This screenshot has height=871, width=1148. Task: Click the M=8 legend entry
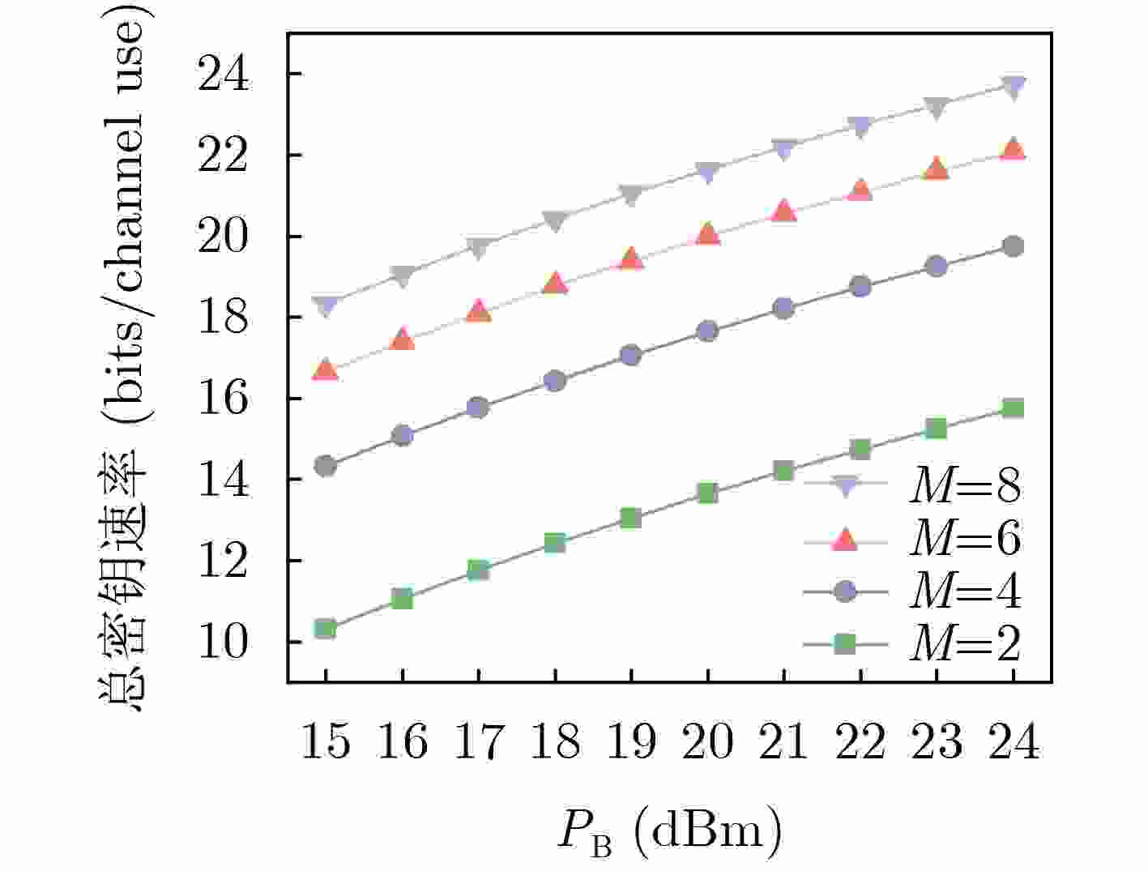coord(964,486)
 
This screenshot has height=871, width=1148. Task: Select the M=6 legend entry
coord(964,539)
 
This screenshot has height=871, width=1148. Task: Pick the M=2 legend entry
coord(964,644)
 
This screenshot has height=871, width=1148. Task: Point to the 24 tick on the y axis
coord(222,75)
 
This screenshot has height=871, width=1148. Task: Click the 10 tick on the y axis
coord(222,643)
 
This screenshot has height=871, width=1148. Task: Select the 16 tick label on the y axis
coord(222,399)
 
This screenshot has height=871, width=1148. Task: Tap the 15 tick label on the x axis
coord(326,741)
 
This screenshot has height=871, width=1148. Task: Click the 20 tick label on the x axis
coord(707,741)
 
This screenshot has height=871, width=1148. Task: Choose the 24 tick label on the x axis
coord(1013,741)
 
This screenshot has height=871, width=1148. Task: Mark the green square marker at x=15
coord(326,629)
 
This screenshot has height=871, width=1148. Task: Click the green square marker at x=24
coord(1013,408)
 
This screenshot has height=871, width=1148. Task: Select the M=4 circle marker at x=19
coord(631,355)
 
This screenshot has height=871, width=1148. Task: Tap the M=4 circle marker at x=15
coord(326,465)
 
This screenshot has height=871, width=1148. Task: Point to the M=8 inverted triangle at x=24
coord(1013,87)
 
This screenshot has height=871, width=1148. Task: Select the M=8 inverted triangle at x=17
coord(478,248)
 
